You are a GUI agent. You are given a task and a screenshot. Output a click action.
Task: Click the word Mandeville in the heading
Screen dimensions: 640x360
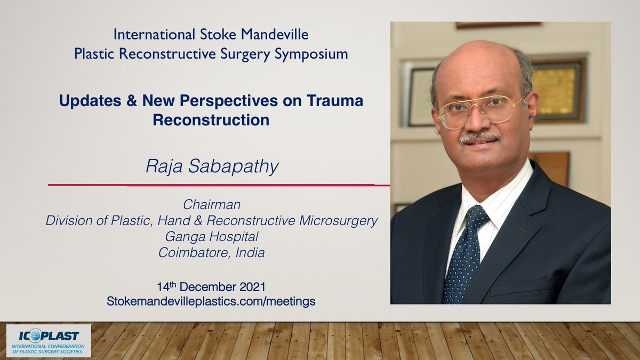tap(275, 35)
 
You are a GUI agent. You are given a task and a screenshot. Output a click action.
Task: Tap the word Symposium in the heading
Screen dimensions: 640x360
tap(311, 54)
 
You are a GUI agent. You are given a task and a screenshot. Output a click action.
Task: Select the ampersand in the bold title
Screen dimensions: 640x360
tap(131, 101)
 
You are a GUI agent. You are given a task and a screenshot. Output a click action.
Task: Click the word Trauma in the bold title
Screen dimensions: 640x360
tap(335, 101)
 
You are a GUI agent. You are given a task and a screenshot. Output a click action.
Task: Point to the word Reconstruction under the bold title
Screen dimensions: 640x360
tap(211, 120)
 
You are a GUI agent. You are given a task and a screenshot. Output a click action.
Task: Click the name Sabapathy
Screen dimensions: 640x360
tap(234, 166)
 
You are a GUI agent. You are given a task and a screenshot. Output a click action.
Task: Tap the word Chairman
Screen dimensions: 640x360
tap(212, 205)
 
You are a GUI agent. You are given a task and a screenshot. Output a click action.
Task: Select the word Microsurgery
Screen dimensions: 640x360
tap(339, 221)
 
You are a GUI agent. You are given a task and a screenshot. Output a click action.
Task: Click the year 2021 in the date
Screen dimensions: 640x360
tap(253, 287)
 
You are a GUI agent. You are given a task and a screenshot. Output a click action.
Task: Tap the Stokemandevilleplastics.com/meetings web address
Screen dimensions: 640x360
tap(211, 301)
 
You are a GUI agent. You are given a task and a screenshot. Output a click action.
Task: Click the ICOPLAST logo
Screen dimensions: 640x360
tap(49, 341)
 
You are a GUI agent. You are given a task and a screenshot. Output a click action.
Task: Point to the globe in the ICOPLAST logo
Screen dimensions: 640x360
tap(35, 335)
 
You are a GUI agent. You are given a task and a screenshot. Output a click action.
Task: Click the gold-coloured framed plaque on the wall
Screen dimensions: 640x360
tap(557, 90)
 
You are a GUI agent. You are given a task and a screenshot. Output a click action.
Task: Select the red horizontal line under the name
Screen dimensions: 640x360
tap(219, 185)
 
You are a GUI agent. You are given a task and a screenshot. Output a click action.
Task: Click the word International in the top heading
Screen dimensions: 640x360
tap(154, 35)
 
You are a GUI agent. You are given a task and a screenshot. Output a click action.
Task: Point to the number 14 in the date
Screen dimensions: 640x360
tap(163, 287)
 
